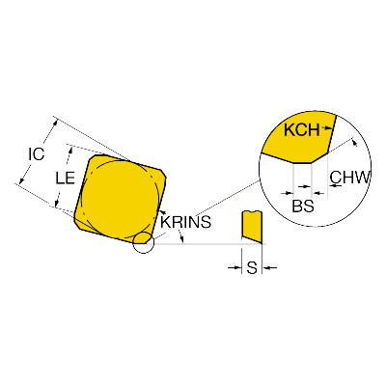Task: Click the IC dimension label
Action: point(36,154)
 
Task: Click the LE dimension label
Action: point(66,178)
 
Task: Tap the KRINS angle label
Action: point(185,222)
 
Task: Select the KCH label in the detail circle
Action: point(302,130)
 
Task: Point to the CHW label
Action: point(350,177)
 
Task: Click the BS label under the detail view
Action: point(303,206)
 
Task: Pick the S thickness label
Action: point(252,267)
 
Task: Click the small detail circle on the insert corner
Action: point(144,242)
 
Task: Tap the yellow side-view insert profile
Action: point(252,227)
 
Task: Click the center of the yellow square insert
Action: point(120,198)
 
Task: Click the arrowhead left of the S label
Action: point(237,267)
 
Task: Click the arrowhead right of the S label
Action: point(266,267)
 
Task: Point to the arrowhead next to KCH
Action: point(328,128)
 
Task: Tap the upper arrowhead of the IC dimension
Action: point(56,122)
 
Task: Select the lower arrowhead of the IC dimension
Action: point(21,181)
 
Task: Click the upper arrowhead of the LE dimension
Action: point(70,150)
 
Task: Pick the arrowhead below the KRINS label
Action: point(182,238)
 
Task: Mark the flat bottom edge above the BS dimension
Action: point(302,163)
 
